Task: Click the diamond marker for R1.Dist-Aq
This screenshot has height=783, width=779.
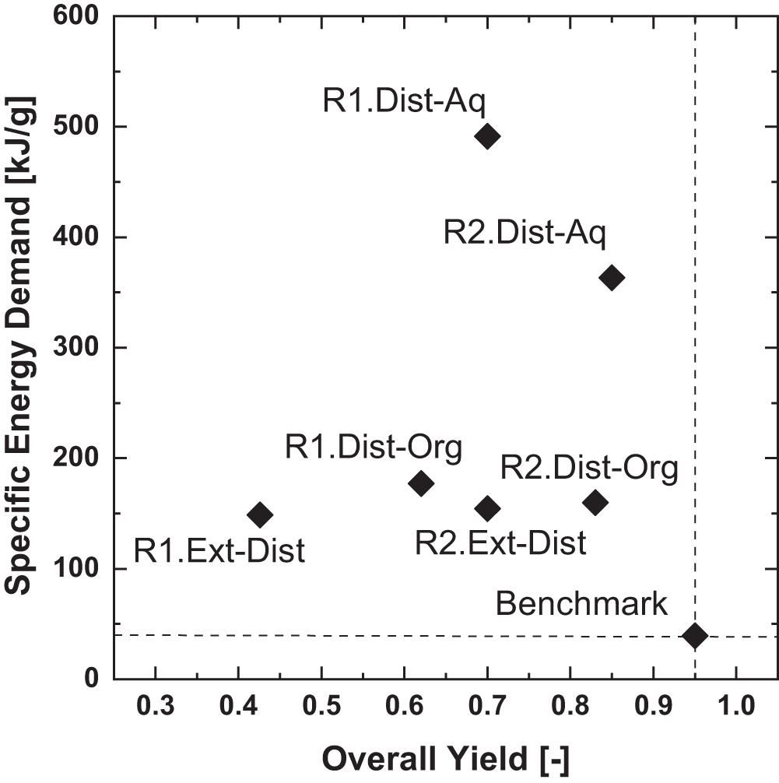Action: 487,137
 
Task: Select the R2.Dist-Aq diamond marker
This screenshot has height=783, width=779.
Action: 612,278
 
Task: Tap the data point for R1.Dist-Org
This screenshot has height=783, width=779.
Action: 421,483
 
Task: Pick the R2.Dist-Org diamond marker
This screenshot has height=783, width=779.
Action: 595,502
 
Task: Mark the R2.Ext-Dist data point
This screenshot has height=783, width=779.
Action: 488,509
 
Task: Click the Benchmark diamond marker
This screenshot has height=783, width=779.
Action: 694,635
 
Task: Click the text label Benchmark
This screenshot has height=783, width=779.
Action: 581,603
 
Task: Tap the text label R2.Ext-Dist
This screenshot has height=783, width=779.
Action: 500,543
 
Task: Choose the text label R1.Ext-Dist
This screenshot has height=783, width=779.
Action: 219,551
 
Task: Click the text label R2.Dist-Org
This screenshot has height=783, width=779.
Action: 589,469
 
